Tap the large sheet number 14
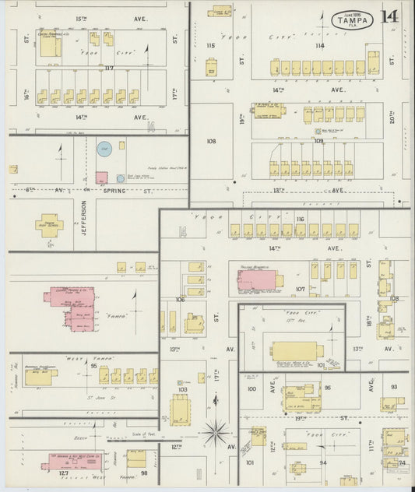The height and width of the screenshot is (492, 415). pos(390,16)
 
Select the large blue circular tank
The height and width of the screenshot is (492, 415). pos(104,147)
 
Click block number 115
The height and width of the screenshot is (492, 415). pos(210,46)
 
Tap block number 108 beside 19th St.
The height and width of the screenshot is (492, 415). pos(210,142)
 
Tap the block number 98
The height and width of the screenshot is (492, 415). pos(143,473)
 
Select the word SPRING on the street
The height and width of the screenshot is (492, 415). pos(118,189)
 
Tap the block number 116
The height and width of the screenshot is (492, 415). pos(299,220)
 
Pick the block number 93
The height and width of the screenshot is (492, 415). pos(394,387)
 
